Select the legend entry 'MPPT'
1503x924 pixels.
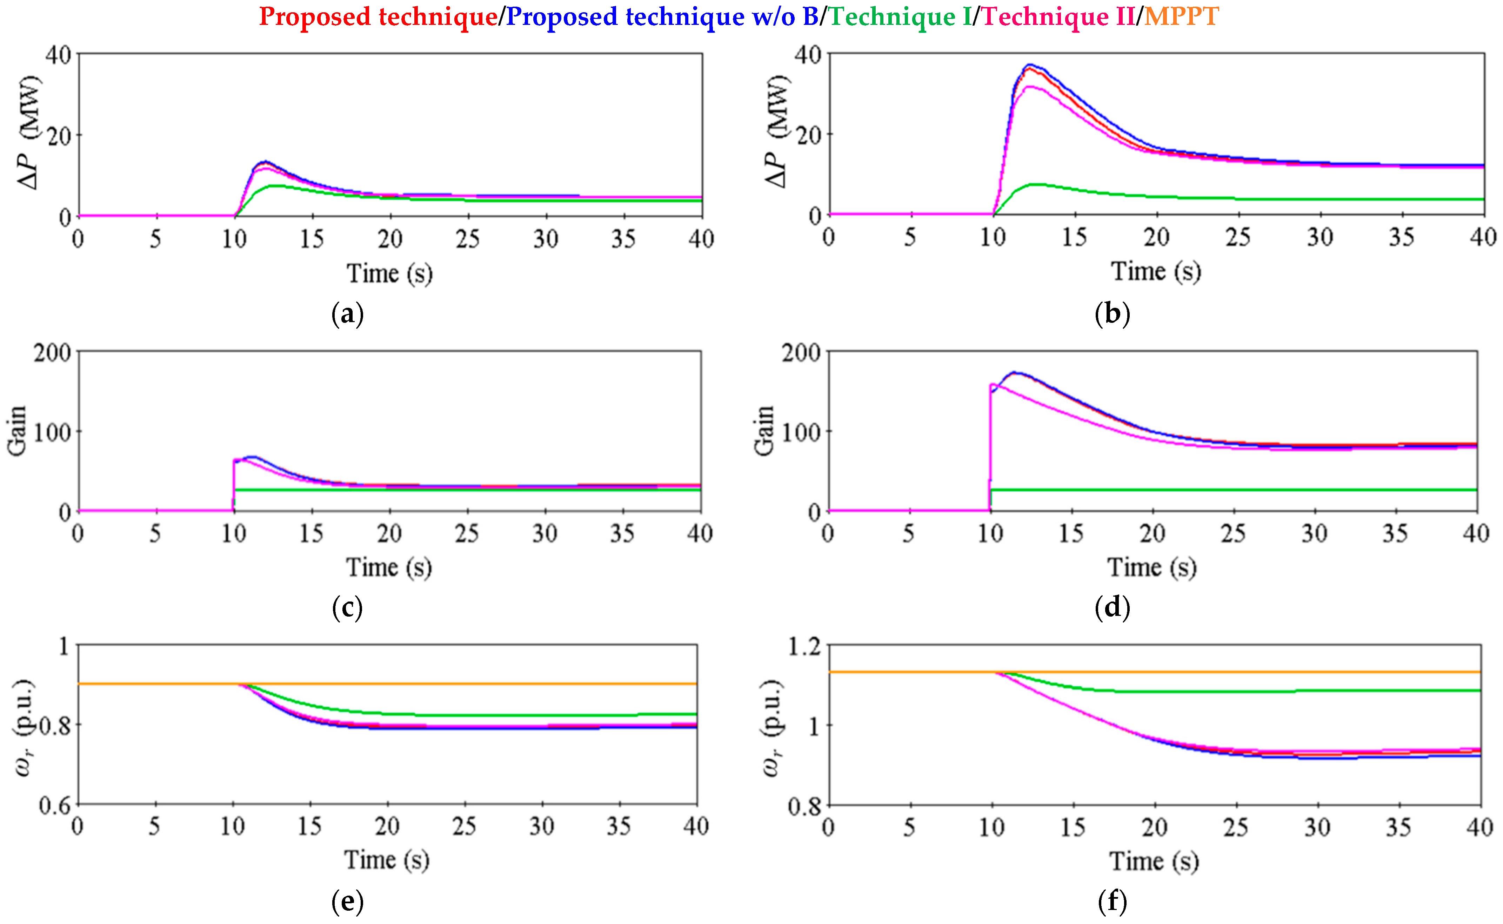tap(1181, 16)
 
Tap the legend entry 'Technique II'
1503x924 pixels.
tap(1058, 16)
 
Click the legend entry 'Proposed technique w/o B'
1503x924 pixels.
tap(662, 16)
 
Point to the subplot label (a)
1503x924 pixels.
tap(347, 314)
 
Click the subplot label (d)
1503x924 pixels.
tap(1112, 607)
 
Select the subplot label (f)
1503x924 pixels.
tap(1112, 901)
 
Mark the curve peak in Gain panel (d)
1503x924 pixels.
tap(1015, 372)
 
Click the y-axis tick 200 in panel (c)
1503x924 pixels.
tap(52, 353)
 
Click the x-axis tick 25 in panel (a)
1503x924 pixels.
tap(468, 239)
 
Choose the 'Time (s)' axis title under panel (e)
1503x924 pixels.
tap(387, 861)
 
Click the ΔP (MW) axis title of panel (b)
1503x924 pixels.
tap(776, 131)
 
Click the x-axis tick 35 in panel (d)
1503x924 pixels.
tap(1395, 534)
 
